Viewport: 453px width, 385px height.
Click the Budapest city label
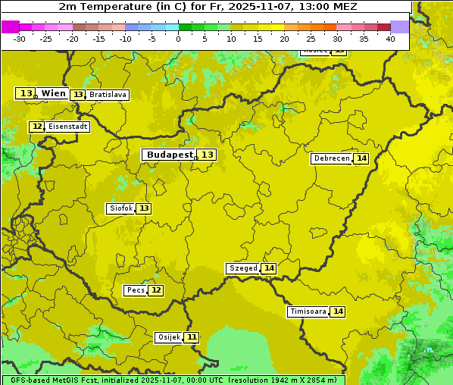coord(169,155)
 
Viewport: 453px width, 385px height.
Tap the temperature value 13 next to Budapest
coord(208,155)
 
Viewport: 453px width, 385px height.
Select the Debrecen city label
coord(331,158)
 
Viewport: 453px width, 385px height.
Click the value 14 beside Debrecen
coord(361,158)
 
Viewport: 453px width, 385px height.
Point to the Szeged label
coord(242,268)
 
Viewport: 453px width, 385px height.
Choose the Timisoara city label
coord(308,311)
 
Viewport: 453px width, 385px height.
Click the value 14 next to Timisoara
coord(338,311)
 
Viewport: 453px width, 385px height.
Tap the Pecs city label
coord(136,290)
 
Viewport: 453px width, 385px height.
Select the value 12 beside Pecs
coord(156,290)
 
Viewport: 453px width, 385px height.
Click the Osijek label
coord(168,337)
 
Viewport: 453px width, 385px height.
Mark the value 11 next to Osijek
coord(192,337)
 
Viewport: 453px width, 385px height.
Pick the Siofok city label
coord(120,208)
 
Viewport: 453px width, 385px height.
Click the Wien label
coord(54,93)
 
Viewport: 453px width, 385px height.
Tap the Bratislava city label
coord(107,95)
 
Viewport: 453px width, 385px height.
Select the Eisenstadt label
coord(67,127)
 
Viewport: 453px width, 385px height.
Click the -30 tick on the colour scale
coord(20,39)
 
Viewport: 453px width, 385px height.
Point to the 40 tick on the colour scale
coord(390,39)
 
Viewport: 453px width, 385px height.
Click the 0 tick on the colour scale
coord(178,39)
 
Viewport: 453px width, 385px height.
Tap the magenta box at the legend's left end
coord(11,27)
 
